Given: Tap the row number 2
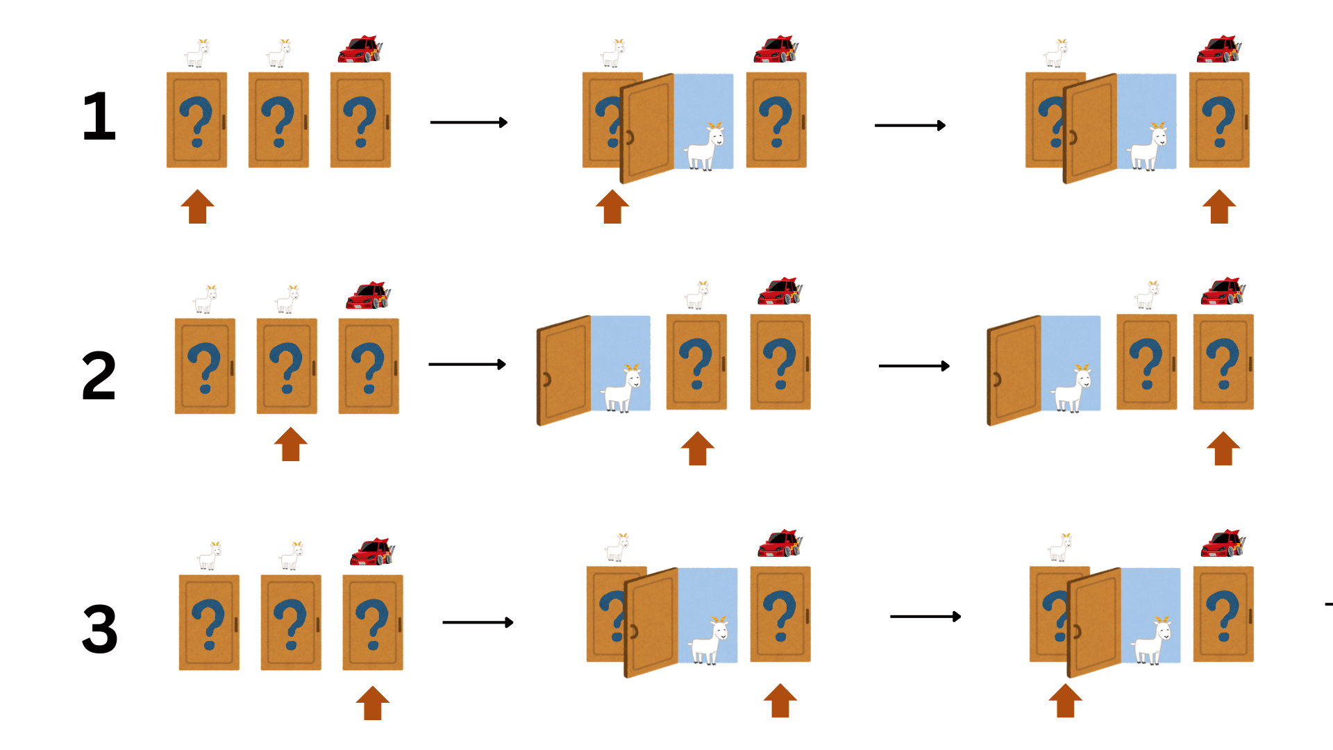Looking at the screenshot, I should [99, 376].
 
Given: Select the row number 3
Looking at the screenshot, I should [99, 628].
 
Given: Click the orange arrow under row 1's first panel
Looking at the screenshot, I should [197, 207].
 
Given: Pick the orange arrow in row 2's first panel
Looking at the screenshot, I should [290, 444].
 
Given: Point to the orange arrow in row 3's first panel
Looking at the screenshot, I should [372, 703].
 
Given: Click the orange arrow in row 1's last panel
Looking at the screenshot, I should [1219, 207].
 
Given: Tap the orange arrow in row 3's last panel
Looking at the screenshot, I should [1065, 700].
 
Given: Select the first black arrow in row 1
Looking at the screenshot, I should [469, 123].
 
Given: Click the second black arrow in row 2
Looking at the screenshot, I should [914, 366].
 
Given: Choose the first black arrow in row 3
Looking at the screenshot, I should [478, 622].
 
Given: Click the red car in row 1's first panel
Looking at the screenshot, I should [360, 50].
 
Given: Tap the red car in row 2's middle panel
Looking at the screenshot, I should [780, 292].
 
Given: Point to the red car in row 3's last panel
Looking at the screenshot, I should [1223, 543].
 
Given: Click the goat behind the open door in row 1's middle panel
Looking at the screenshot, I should [705, 147].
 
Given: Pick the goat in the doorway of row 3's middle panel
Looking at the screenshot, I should [710, 640].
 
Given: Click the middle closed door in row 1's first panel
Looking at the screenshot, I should [278, 120].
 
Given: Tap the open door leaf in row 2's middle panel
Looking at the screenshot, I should [564, 370].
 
